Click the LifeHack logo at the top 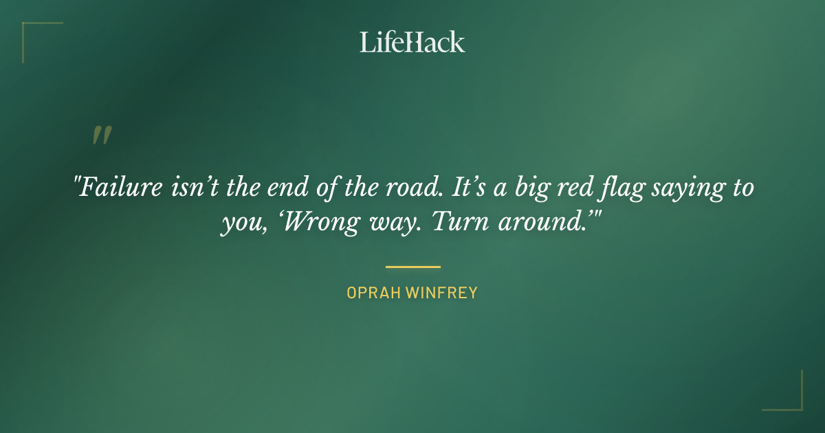pyautogui.click(x=412, y=42)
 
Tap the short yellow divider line pyautogui.click(x=412, y=267)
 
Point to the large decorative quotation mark pyautogui.click(x=102, y=135)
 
